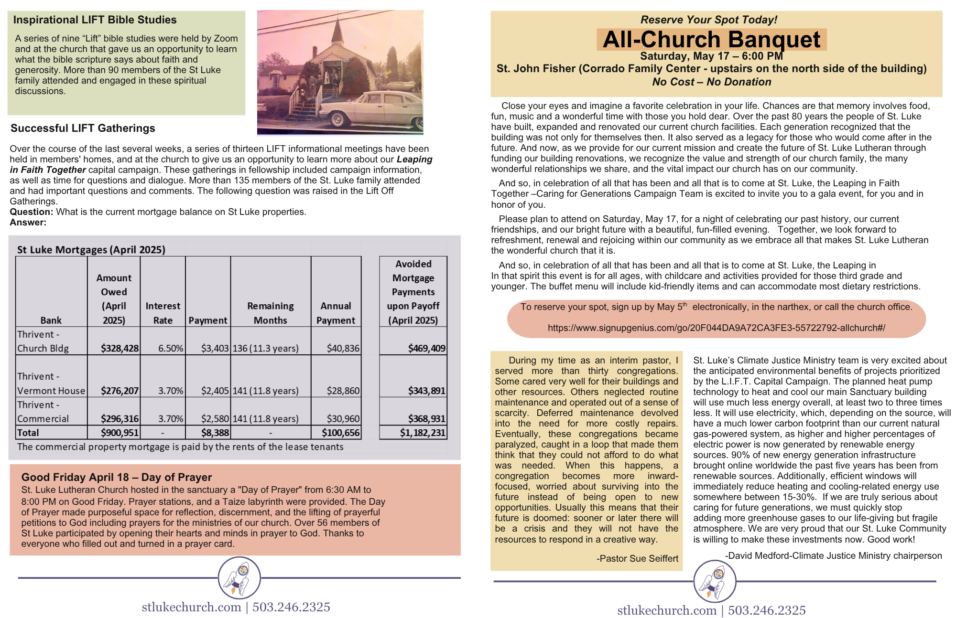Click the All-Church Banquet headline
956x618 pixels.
click(x=711, y=40)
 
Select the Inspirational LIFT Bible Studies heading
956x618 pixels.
click(x=95, y=20)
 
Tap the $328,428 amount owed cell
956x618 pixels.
click(x=119, y=349)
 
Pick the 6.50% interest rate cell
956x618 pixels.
click(x=171, y=349)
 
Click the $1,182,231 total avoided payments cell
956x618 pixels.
click(x=423, y=433)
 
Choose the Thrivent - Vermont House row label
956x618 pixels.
click(x=51, y=384)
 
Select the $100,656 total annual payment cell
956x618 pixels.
click(x=340, y=433)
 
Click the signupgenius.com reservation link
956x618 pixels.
click(x=716, y=328)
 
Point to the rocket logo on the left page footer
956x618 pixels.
click(x=239, y=578)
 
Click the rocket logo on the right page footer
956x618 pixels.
click(x=715, y=581)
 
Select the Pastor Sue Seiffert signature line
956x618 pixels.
click(x=637, y=559)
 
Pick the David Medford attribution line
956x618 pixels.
click(x=833, y=556)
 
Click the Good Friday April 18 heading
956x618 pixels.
click(x=116, y=477)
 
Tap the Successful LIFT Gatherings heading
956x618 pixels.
click(x=83, y=128)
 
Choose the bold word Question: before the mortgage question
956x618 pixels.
click(x=31, y=212)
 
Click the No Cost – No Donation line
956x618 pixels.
click(x=711, y=82)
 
